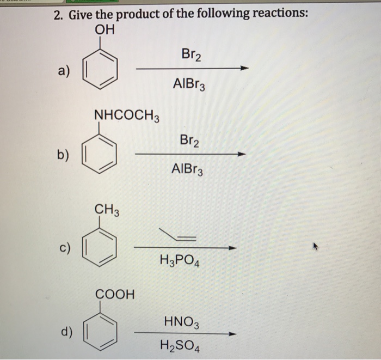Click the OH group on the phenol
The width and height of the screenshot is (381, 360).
point(105,30)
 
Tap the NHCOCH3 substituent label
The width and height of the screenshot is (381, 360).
point(127,115)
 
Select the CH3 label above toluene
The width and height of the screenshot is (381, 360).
point(107,210)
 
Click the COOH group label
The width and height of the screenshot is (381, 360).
point(115,294)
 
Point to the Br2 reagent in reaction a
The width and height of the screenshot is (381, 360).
point(191,54)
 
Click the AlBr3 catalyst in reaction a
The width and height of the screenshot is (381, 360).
point(189,84)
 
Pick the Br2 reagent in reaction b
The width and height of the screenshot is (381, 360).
point(189,141)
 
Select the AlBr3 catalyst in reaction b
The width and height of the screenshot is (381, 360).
point(187,169)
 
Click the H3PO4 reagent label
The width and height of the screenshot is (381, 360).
point(180,260)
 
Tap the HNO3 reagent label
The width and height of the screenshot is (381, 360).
point(181,322)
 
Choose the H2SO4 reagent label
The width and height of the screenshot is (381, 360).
point(180,346)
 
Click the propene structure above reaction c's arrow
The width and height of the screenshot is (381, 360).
point(177,234)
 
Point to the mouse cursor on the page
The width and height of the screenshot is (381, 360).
point(315,247)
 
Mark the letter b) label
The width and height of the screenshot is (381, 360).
point(63,155)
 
